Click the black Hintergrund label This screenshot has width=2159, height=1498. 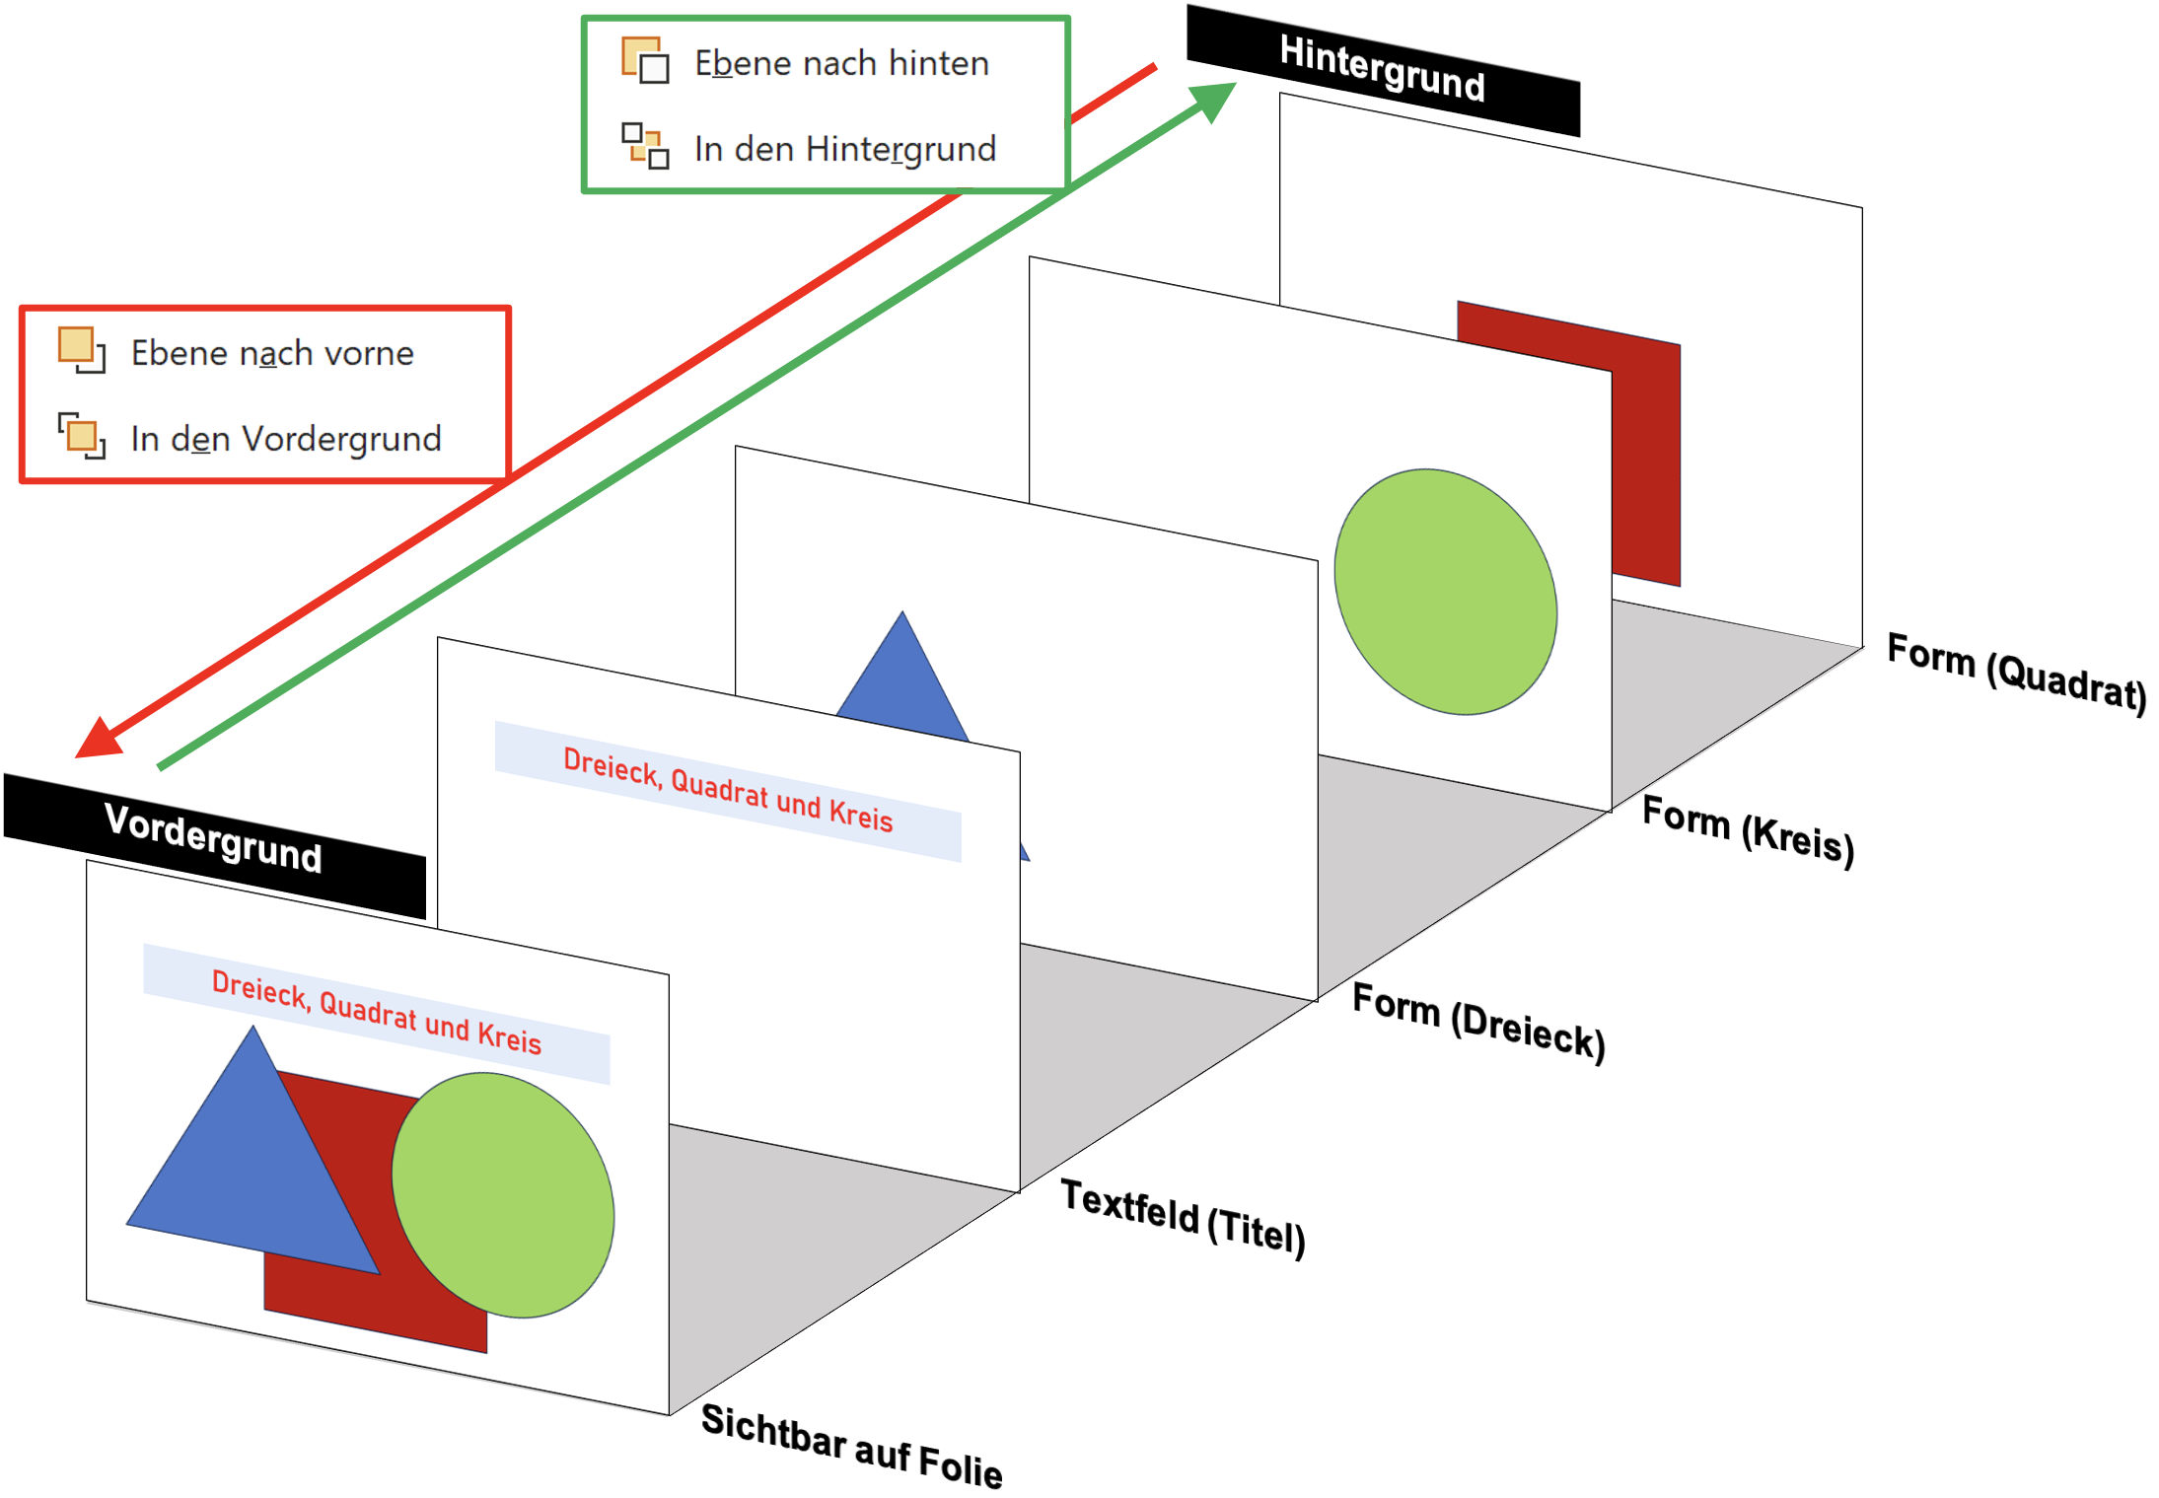coord(1383,69)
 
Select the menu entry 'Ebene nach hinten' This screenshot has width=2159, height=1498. coord(841,63)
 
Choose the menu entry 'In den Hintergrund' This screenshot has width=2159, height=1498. coord(845,149)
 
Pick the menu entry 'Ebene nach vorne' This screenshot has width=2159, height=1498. coord(272,353)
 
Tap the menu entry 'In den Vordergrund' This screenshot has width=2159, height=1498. coord(286,439)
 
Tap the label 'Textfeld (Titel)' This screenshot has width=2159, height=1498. coord(1183,1217)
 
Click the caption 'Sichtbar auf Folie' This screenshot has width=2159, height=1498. coord(851,1446)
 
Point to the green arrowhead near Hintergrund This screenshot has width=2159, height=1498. coord(1214,101)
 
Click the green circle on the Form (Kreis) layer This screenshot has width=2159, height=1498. coord(1445,591)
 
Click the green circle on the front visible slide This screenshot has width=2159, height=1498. coord(503,1194)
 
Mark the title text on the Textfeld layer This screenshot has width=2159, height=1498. coord(728,789)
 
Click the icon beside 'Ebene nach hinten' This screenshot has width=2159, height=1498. coord(645,61)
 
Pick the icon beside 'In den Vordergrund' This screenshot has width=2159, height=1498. coord(82,436)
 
